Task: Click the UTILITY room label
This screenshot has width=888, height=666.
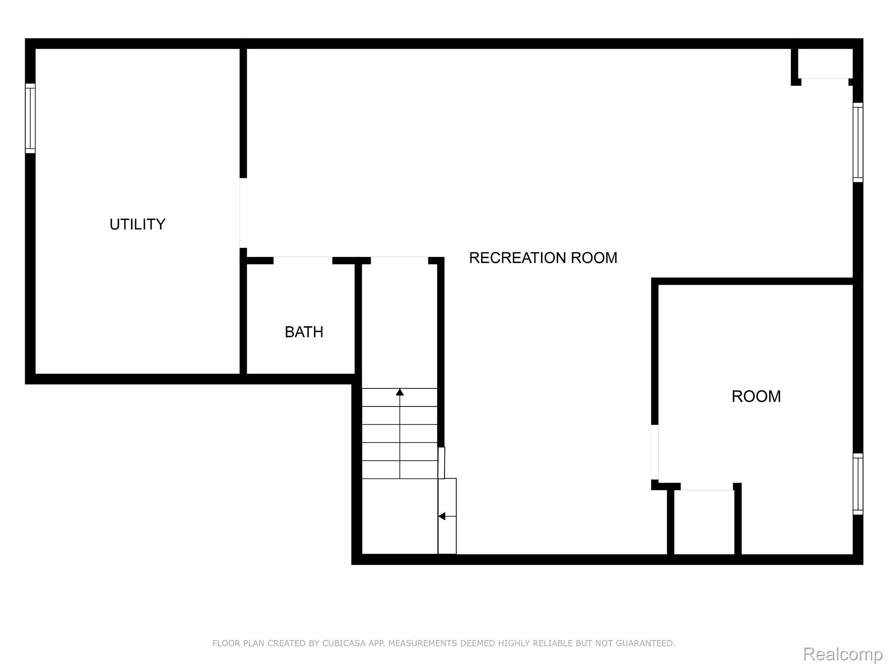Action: [137, 224]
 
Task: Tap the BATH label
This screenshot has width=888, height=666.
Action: [304, 332]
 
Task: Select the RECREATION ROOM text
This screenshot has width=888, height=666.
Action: [543, 258]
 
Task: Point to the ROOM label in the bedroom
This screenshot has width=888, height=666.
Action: [756, 396]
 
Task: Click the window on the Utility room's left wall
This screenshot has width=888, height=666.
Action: [30, 118]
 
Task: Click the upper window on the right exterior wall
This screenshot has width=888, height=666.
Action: [858, 142]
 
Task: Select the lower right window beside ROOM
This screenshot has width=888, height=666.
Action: [858, 484]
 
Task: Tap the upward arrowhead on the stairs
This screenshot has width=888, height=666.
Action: [400, 392]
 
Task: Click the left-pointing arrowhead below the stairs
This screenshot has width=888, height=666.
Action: [441, 516]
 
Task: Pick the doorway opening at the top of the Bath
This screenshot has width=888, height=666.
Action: [303, 260]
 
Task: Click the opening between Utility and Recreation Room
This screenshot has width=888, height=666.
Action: [243, 213]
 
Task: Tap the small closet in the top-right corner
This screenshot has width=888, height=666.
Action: [825, 64]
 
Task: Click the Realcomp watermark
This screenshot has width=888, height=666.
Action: [843, 654]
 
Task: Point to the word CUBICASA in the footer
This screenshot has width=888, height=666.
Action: [343, 643]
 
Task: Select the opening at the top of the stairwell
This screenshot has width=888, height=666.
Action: [399, 260]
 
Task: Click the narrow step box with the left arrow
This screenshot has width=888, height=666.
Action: [447, 516]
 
